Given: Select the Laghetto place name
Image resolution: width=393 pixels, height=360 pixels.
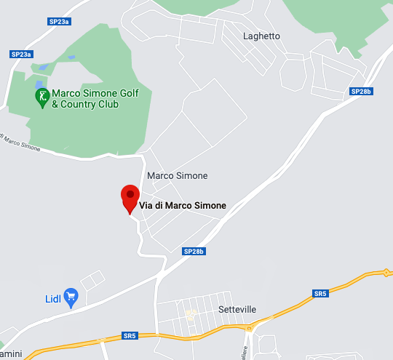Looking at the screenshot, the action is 262,36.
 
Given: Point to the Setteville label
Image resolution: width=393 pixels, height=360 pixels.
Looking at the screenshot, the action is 237,309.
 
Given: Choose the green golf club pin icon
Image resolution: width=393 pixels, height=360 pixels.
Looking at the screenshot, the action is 43,95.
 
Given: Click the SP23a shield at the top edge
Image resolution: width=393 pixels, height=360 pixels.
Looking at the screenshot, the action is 60,22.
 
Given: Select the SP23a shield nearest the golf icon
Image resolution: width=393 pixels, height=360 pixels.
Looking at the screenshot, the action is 22,55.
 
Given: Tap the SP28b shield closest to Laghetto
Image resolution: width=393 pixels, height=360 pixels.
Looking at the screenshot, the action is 361,92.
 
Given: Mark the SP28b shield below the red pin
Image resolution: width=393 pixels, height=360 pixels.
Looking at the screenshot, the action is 194,252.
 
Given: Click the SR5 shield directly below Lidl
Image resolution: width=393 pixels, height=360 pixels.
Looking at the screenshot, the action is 130,336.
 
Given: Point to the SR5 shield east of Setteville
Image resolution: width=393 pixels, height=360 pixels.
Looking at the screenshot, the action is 320,294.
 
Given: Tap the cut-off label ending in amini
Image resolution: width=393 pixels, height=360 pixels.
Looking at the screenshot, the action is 12,353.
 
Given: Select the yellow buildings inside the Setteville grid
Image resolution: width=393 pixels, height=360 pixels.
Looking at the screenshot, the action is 191,315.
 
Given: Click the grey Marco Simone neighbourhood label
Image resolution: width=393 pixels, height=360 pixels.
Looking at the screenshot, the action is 177,176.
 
